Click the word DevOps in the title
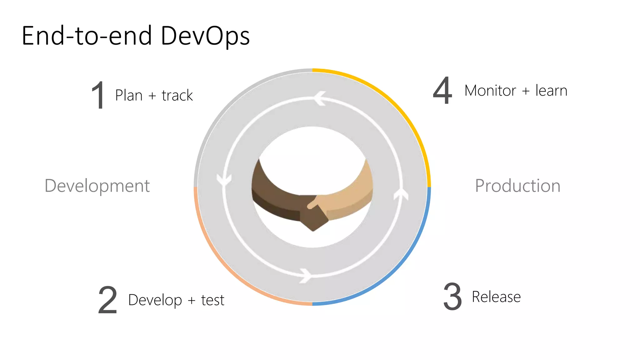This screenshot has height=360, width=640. tap(205, 36)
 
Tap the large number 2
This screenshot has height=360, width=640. tap(107, 300)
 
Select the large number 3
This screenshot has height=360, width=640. tap(452, 297)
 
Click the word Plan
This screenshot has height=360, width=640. tap(129, 95)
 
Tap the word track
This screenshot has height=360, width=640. tap(177, 95)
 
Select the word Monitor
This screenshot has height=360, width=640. tap(490, 91)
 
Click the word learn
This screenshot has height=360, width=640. tap(551, 91)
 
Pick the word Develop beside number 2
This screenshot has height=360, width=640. tap(155, 300)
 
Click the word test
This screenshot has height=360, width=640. tap(212, 300)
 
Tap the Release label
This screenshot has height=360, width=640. tap(496, 297)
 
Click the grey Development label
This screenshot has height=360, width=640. tap(97, 186)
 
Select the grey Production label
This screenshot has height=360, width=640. tap(517, 186)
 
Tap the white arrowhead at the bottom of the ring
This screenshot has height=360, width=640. tap(306, 276)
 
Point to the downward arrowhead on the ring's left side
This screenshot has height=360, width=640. tap(224, 181)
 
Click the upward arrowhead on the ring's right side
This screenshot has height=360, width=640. tap(401, 193)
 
